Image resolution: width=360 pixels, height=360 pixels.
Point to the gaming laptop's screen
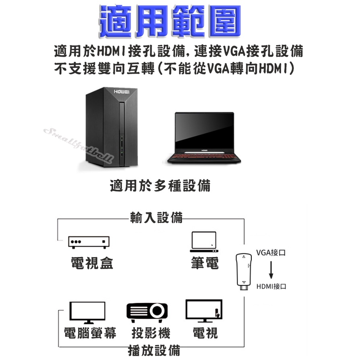click(204, 131)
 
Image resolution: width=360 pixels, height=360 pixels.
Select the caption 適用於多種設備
click(160, 186)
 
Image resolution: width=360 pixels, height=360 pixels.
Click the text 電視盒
click(92, 263)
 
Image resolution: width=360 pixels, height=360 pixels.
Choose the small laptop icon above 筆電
click(204, 241)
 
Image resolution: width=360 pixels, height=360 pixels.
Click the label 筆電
click(205, 263)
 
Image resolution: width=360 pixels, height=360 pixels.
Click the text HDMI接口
click(272, 286)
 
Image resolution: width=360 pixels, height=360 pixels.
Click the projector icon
click(147, 312)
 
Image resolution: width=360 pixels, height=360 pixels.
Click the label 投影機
click(151, 333)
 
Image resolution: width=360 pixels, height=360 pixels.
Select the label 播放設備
click(154, 350)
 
